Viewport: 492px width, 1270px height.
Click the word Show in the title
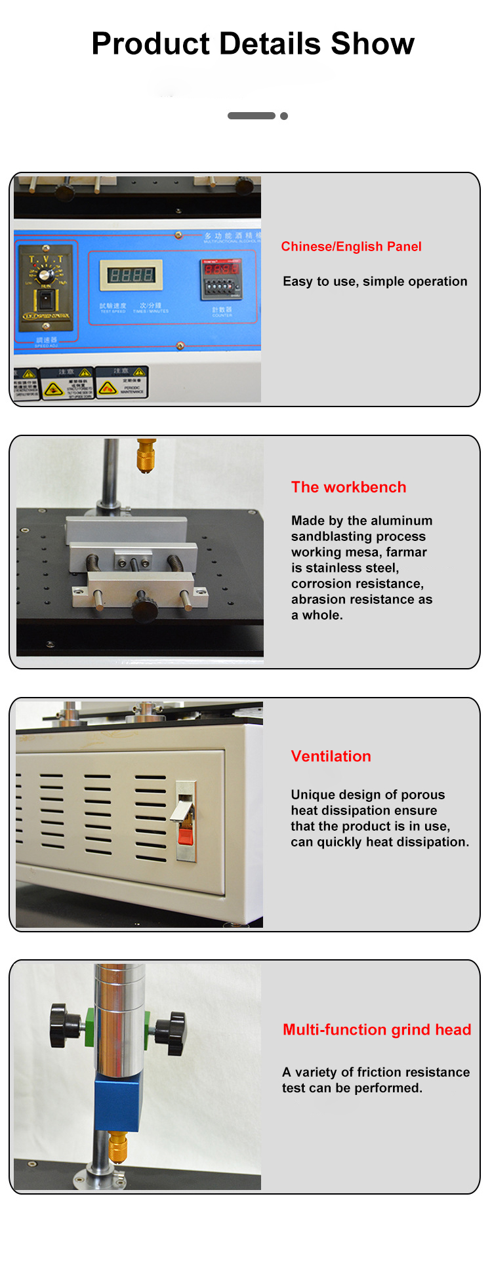click(x=372, y=44)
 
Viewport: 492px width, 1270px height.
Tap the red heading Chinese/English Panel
click(x=351, y=247)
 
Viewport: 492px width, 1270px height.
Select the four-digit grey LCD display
click(x=131, y=275)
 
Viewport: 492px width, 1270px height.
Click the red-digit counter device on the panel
click(x=221, y=279)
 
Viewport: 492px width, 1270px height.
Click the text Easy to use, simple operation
click(x=375, y=281)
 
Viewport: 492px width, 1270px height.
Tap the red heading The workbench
click(x=348, y=487)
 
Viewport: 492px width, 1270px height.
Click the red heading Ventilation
click(x=331, y=756)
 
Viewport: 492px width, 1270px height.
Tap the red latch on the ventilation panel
click(x=186, y=835)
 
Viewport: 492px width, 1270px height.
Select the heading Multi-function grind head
click(x=377, y=1029)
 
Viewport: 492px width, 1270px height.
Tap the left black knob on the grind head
click(x=66, y=1025)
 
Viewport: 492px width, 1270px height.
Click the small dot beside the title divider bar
click(x=284, y=116)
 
